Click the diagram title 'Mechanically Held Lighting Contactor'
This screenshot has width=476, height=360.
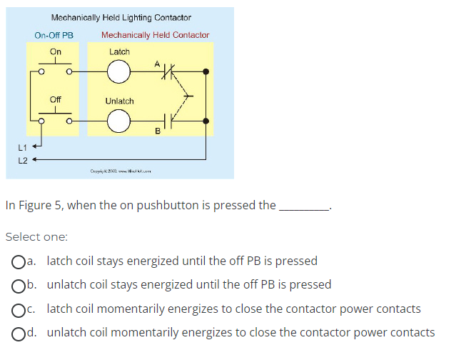click(121, 17)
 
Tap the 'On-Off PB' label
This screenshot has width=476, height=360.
click(54, 35)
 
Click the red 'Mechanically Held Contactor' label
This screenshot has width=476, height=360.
click(156, 35)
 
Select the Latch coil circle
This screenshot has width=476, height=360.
click(119, 71)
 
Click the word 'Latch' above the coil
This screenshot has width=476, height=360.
click(119, 51)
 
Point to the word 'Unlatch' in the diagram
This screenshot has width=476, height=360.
click(119, 101)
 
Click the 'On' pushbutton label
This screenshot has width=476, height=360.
click(56, 51)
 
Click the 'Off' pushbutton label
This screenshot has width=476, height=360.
click(56, 99)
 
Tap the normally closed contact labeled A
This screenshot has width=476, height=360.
click(168, 71)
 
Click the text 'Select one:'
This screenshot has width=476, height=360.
click(36, 236)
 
